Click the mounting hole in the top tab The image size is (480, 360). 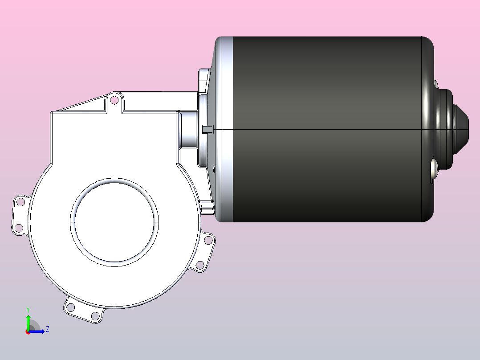tap(114, 100)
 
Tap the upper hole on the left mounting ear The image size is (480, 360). tap(20, 202)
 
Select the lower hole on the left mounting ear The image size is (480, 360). tap(19, 228)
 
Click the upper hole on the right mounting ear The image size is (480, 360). tap(208, 240)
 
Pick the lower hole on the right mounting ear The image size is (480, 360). tap(200, 265)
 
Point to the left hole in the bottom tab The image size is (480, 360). tap(70, 307)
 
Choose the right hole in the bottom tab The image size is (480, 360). tap(95, 315)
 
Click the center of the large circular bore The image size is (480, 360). tap(114, 222)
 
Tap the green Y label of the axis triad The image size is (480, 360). tap(28, 310)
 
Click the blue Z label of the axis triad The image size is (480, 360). tap(48, 329)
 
